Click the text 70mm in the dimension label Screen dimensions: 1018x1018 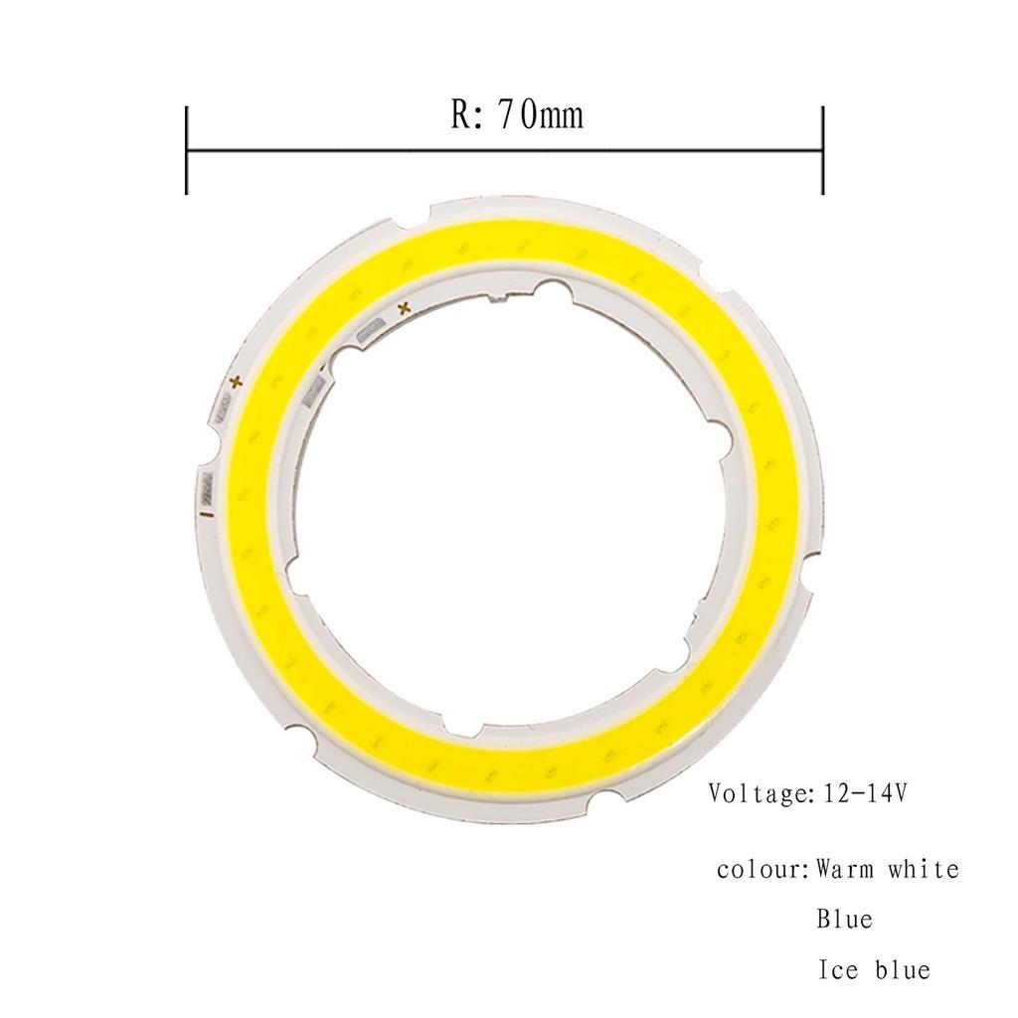pyautogui.click(x=540, y=115)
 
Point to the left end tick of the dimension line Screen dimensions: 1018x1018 pyautogui.click(x=187, y=150)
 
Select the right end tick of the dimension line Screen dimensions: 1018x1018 pyautogui.click(x=822, y=150)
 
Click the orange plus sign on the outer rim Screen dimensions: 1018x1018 pyautogui.click(x=236, y=381)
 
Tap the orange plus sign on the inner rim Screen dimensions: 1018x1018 pyautogui.click(x=404, y=309)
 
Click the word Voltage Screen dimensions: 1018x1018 pyautogui.click(x=758, y=794)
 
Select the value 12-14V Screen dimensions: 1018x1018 pyautogui.click(x=865, y=794)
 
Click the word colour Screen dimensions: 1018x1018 pyautogui.click(x=760, y=870)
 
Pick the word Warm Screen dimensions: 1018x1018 pyautogui.click(x=847, y=870)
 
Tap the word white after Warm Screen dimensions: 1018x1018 pyautogui.click(x=924, y=870)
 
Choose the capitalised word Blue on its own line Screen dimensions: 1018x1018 pyautogui.click(x=845, y=919)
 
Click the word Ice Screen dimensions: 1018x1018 pyautogui.click(x=838, y=969)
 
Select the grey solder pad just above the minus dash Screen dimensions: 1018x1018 pyautogui.click(x=209, y=486)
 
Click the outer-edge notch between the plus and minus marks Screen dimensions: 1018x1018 pyautogui.click(x=201, y=456)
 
